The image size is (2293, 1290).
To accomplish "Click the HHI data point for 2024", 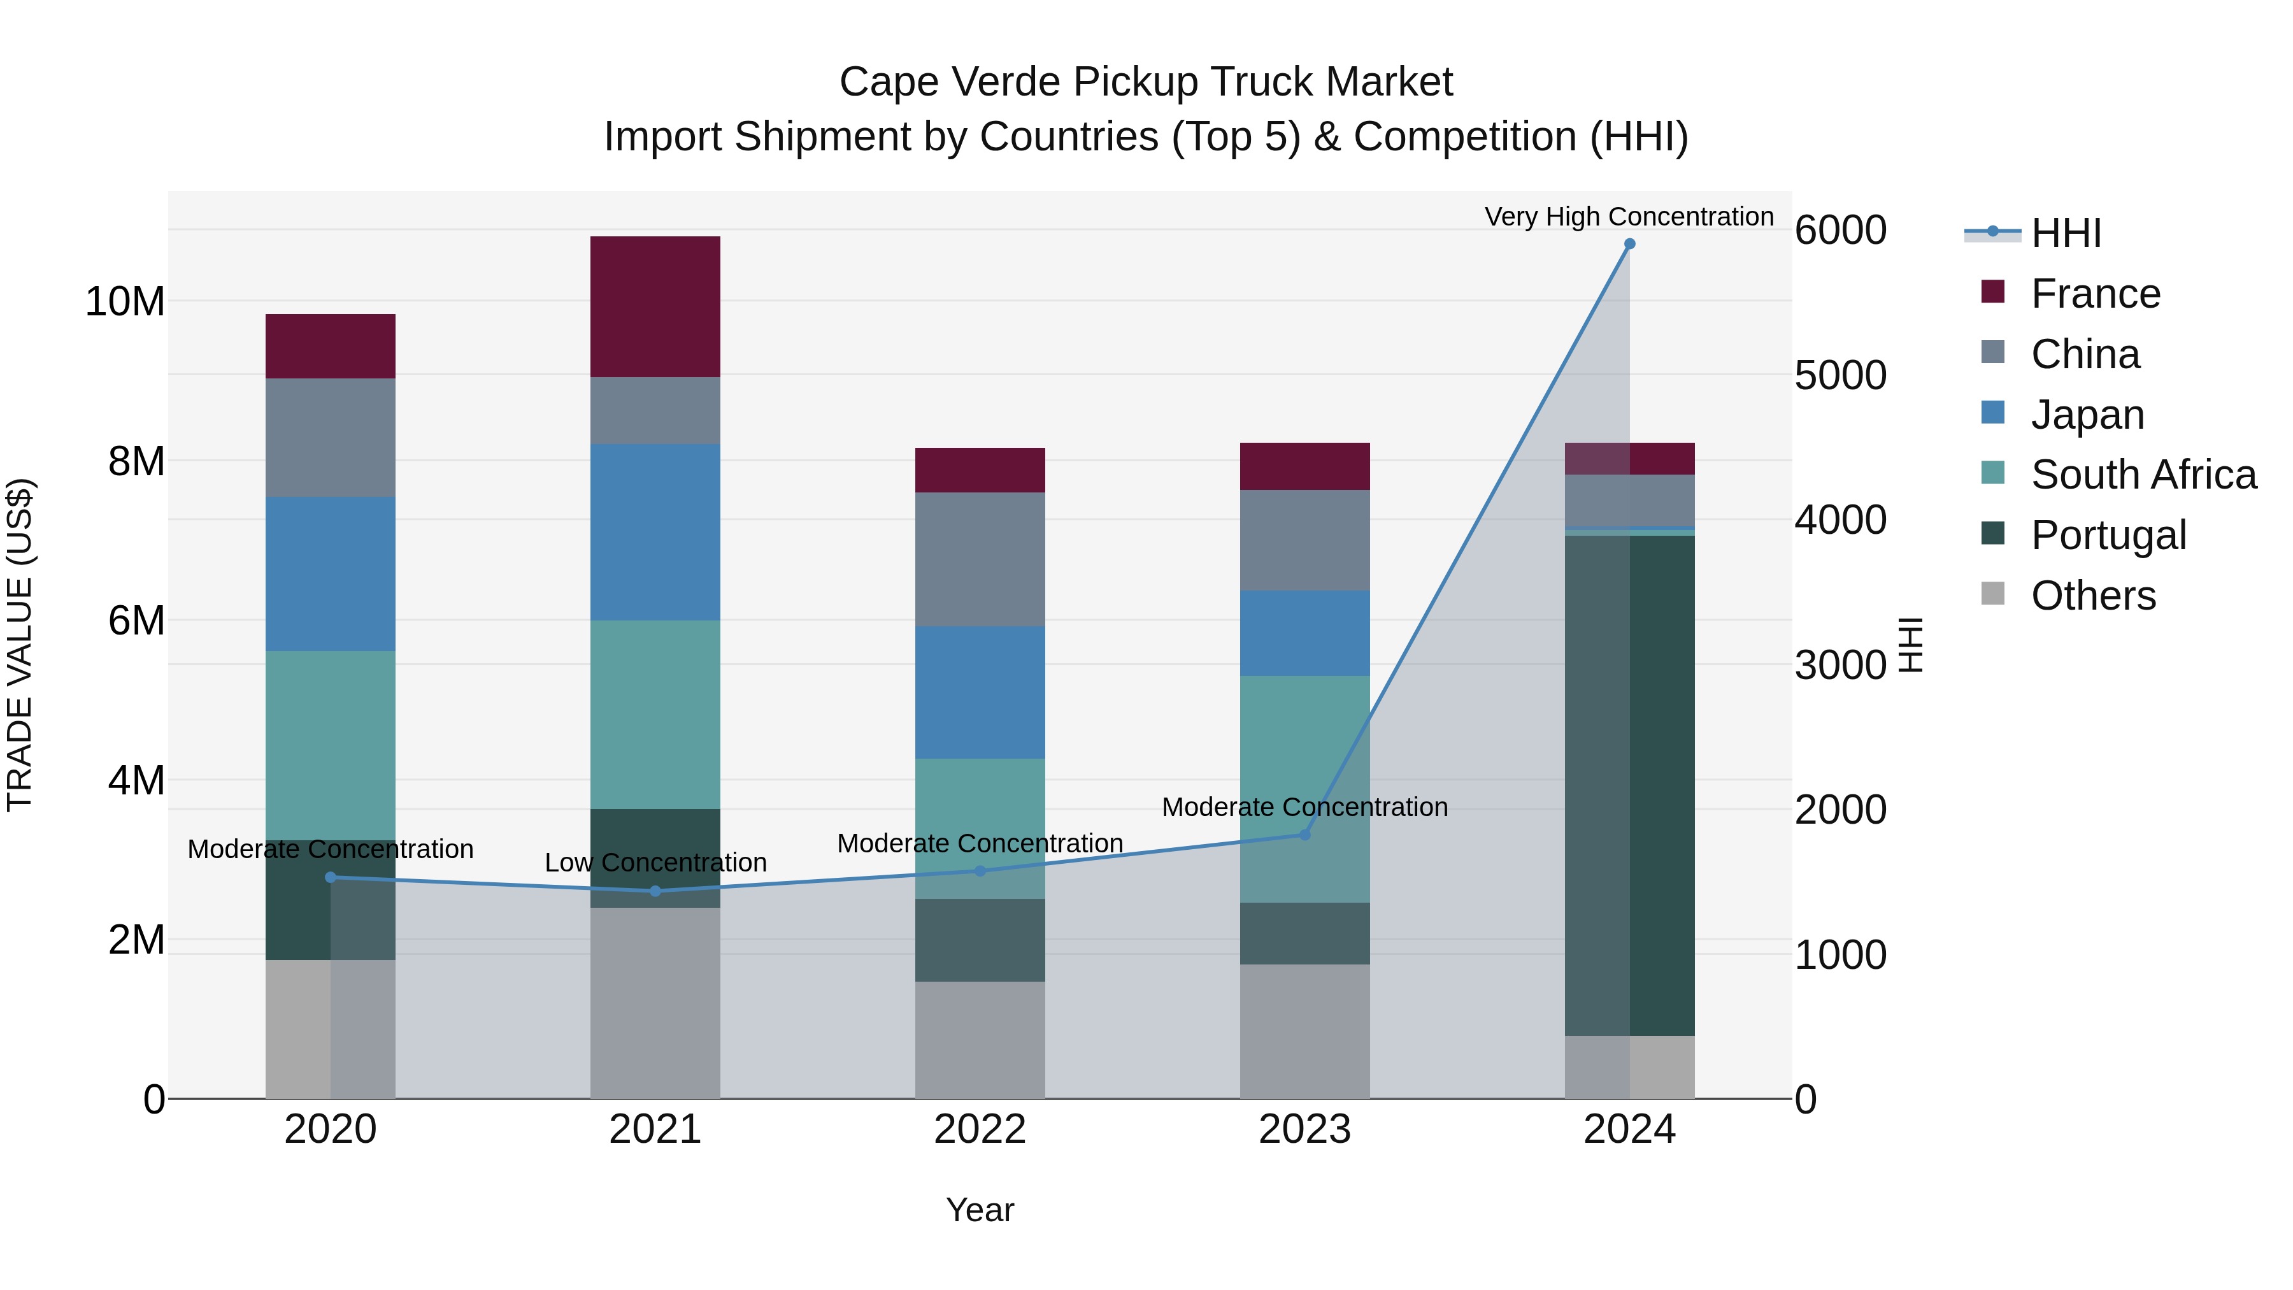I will tap(1629, 244).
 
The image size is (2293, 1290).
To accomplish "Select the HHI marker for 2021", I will tap(655, 891).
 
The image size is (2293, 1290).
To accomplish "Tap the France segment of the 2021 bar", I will tap(655, 306).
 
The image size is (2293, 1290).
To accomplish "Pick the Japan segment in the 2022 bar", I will tap(980, 692).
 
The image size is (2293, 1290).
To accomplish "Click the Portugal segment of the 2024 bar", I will tap(1629, 784).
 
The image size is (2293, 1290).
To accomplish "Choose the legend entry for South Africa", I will tap(2143, 475).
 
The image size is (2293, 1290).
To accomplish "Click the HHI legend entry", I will tap(2065, 233).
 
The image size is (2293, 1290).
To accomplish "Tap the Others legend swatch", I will tap(1993, 595).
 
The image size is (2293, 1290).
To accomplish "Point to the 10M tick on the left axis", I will tap(125, 302).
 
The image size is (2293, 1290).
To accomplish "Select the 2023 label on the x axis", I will tap(1305, 1129).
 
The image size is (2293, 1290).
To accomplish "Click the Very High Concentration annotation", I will tap(1629, 217).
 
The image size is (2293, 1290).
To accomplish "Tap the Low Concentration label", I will tap(655, 863).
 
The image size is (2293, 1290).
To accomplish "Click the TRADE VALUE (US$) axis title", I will tap(20, 645).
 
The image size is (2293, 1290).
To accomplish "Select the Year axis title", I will tap(980, 1210).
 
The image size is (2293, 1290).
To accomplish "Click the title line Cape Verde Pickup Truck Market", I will tap(1146, 82).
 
